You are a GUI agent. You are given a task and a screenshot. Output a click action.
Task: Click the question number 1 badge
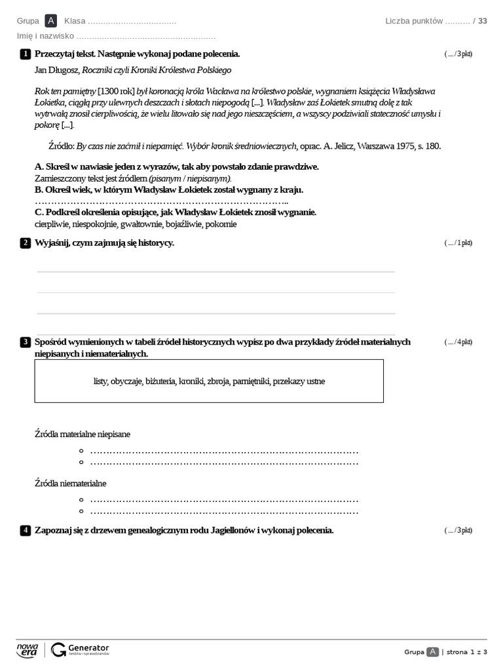[25, 54]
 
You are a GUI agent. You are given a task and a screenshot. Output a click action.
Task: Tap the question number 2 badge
[25, 243]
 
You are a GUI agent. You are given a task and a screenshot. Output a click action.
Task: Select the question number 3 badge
[25, 342]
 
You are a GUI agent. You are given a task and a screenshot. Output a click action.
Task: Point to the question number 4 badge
[25, 530]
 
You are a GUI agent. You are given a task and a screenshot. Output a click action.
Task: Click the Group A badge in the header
[51, 21]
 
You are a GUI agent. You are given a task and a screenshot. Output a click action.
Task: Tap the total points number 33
[483, 21]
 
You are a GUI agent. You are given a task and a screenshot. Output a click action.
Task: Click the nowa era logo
[28, 649]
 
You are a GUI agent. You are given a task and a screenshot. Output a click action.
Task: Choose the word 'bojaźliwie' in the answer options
[183, 224]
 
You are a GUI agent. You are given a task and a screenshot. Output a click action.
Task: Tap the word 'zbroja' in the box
[219, 381]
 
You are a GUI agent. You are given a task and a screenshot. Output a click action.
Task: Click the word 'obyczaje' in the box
[126, 381]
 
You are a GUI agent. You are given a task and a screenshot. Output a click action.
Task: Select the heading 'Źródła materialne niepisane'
[82, 434]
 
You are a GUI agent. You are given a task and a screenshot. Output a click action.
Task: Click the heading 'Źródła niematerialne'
[70, 483]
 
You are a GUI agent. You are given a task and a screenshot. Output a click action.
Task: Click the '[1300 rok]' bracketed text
[116, 91]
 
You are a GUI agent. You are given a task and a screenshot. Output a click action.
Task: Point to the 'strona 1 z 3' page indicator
[467, 652]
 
